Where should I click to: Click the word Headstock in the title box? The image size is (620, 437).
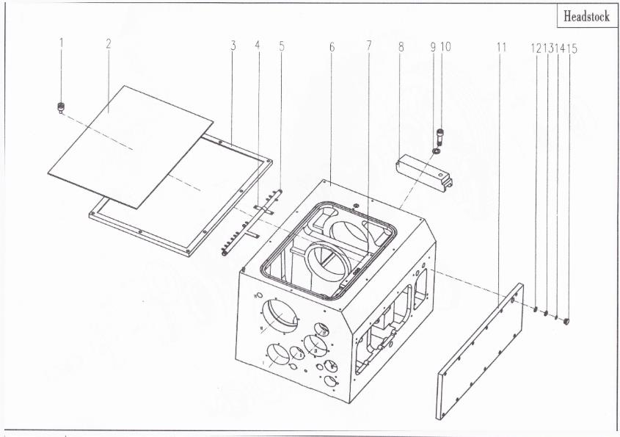tap(586, 17)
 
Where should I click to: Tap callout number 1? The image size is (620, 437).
tap(62, 43)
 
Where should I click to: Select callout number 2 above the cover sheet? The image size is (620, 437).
tap(109, 43)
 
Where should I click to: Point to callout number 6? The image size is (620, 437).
tap(332, 47)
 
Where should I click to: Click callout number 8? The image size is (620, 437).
tap(401, 47)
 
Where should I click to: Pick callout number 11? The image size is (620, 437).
tap(501, 48)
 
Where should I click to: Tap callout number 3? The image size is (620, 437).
tap(233, 46)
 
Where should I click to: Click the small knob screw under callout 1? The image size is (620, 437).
tap(61, 107)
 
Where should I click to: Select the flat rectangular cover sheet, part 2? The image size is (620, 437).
tap(131, 147)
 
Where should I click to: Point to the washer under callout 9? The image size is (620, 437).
tap(436, 151)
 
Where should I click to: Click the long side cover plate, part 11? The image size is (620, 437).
tap(480, 351)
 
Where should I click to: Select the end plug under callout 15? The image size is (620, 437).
tap(566, 321)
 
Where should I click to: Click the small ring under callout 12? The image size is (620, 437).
tap(535, 309)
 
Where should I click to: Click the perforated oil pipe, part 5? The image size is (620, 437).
tap(252, 223)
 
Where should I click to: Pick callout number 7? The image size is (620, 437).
tap(368, 46)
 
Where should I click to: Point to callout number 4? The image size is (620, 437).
tap(258, 45)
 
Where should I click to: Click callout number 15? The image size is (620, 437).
tap(572, 48)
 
